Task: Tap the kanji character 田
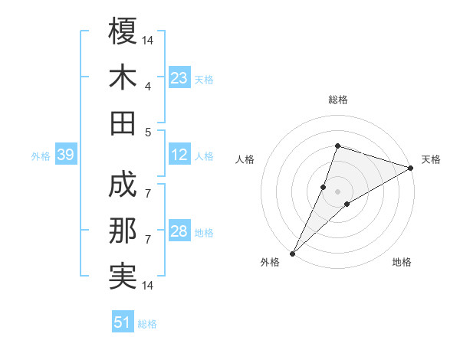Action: tap(123, 123)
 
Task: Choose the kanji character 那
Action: tap(123, 232)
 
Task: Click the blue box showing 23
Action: tap(179, 78)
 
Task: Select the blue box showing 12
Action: tap(179, 155)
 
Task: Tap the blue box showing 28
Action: tap(179, 232)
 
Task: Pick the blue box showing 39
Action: tap(65, 155)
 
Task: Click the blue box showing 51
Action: tap(123, 322)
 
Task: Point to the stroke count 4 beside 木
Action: tap(148, 86)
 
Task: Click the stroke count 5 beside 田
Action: tap(148, 131)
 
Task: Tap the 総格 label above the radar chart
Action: tap(337, 100)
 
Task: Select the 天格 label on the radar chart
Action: tap(431, 159)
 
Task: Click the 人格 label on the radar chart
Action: tap(245, 159)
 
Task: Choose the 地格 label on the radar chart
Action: tap(402, 263)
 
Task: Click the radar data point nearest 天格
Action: tap(411, 168)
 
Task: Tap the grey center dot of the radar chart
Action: tap(337, 191)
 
